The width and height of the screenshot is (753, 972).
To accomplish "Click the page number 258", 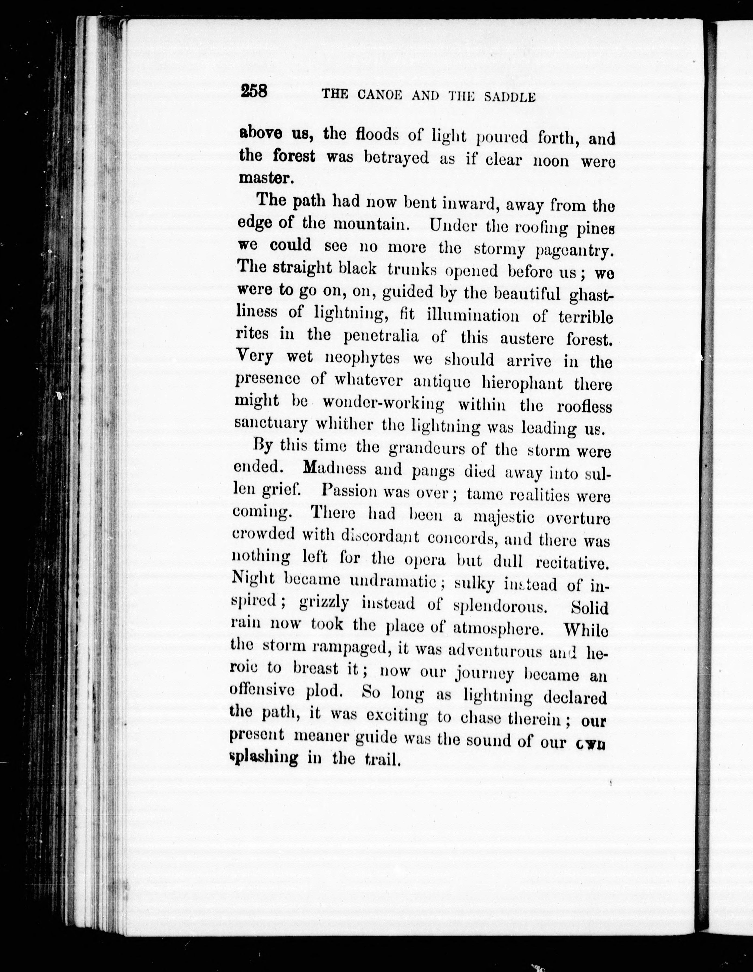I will click(x=253, y=92).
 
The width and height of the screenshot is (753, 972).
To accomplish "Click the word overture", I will click(x=577, y=519).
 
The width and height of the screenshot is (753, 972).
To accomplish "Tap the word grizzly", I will click(x=323, y=603).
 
